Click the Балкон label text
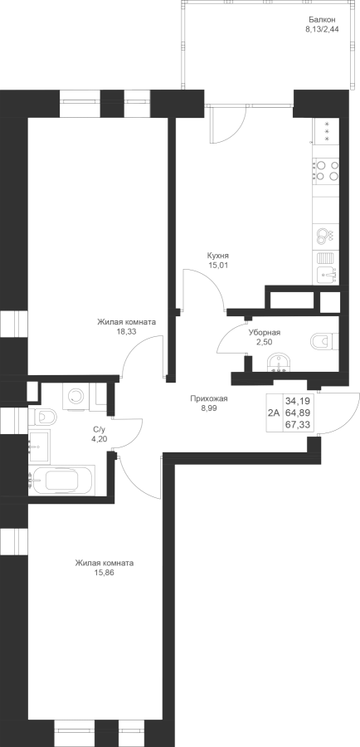click(x=322, y=20)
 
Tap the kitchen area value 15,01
click(x=219, y=266)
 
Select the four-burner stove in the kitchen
click(x=326, y=170)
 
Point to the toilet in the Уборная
click(x=324, y=341)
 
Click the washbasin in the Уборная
click(x=278, y=363)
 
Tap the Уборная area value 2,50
click(x=265, y=342)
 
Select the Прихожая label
click(x=209, y=398)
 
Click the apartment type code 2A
click(x=274, y=413)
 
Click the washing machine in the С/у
click(x=75, y=396)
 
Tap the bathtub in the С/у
click(x=61, y=481)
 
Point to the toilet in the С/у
click(x=42, y=417)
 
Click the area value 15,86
click(x=105, y=572)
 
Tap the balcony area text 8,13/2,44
click(x=322, y=29)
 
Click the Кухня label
click(x=219, y=256)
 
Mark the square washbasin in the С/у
click(x=39, y=446)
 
